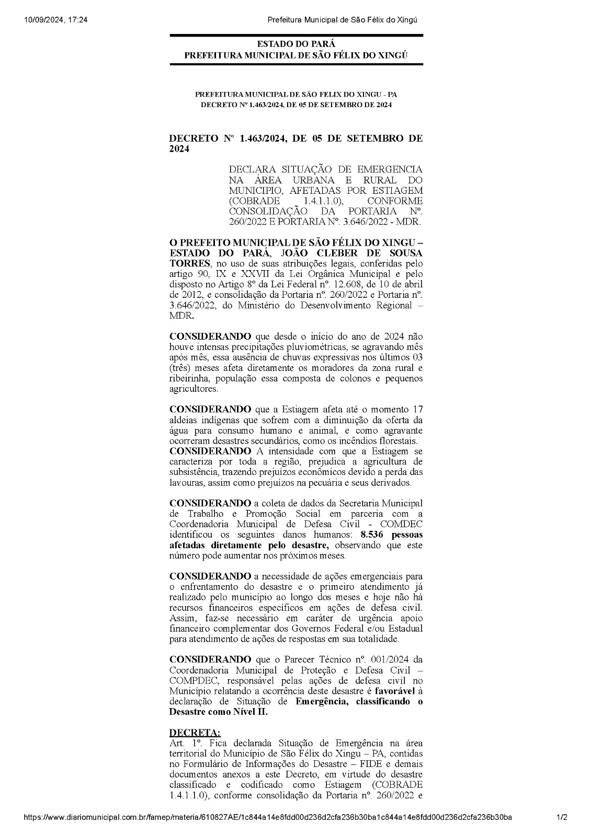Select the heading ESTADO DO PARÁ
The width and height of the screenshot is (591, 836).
click(x=296, y=44)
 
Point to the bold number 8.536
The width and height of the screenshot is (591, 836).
click(x=374, y=535)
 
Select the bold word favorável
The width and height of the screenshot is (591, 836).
click(x=395, y=691)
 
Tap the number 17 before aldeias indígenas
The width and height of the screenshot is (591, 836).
click(x=417, y=409)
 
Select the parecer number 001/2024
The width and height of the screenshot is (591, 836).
click(x=387, y=660)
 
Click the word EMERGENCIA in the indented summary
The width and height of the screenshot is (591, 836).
click(x=390, y=170)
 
